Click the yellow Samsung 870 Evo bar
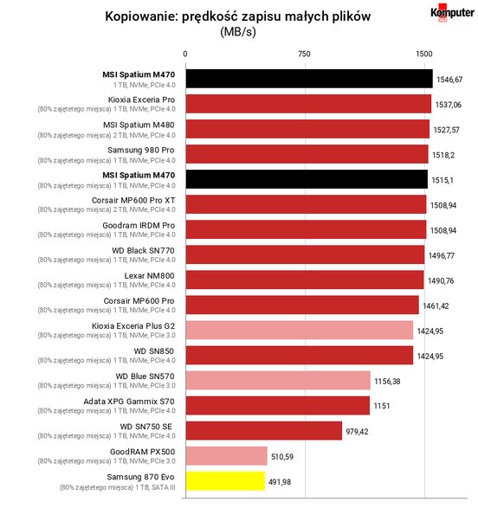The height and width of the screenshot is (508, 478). (225, 481)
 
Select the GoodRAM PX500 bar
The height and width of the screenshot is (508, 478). (227, 456)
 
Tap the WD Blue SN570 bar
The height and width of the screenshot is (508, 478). (278, 381)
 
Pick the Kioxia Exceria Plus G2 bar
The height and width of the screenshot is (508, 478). (300, 330)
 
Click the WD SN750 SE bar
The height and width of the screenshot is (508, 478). (264, 431)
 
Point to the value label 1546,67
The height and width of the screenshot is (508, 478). (449, 80)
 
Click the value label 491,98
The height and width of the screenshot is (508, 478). (280, 482)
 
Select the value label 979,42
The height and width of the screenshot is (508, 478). (357, 432)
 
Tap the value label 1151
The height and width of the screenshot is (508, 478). (382, 406)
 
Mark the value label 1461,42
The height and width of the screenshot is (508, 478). (436, 305)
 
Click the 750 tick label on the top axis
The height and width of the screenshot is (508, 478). (304, 54)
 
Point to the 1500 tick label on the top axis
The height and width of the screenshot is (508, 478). (424, 54)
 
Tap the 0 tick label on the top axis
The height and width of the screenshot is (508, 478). (185, 54)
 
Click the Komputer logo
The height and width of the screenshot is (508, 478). (452, 13)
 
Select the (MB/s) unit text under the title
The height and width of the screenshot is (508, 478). (238, 32)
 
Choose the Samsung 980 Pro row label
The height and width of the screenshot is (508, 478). (141, 151)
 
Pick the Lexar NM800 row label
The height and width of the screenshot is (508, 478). (150, 276)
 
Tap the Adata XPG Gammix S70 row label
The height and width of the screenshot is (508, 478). (129, 402)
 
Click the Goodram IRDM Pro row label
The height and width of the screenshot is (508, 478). (139, 226)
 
